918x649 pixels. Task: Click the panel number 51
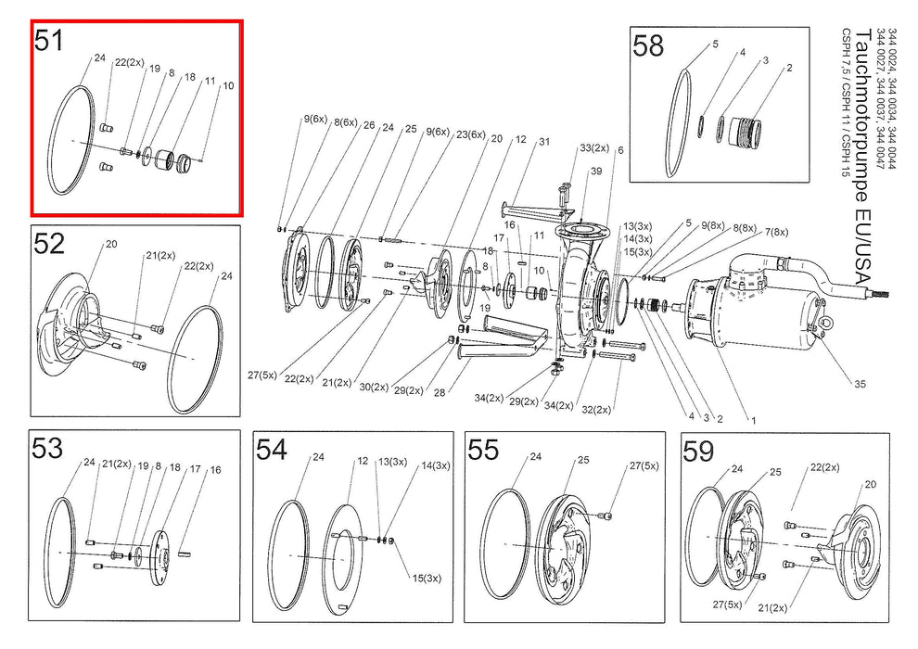(x=48, y=41)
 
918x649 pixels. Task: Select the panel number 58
(x=648, y=45)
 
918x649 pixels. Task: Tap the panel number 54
(x=272, y=450)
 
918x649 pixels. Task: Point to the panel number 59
(x=699, y=452)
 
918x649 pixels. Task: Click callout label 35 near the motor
(x=860, y=384)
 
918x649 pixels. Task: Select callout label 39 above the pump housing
(x=596, y=171)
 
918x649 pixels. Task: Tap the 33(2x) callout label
(x=594, y=148)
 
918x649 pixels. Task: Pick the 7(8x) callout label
(x=776, y=232)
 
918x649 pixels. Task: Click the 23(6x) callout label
(x=471, y=134)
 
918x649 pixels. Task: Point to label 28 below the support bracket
(x=440, y=393)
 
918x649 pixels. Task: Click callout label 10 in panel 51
(x=228, y=85)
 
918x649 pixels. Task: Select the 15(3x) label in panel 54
(x=427, y=579)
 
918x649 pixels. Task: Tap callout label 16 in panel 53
(x=215, y=470)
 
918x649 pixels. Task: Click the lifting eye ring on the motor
(x=827, y=322)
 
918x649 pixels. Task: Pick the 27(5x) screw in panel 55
(x=607, y=515)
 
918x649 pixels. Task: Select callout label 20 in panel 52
(x=111, y=244)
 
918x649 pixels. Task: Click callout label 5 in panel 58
(x=716, y=44)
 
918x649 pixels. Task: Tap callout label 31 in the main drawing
(x=544, y=142)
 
